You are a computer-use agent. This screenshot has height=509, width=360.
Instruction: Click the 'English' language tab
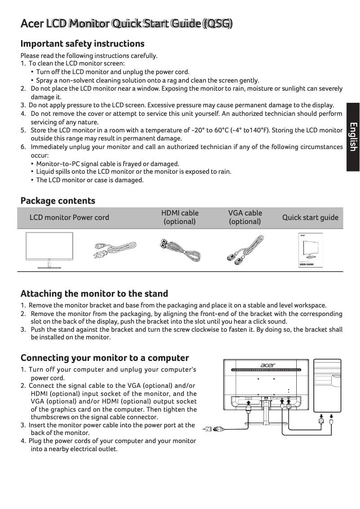coord(353,136)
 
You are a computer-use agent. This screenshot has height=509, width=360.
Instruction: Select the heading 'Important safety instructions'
coord(83,44)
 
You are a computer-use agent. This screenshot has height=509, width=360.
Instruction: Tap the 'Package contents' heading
coord(58,201)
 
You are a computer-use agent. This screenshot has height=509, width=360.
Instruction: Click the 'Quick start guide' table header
coord(310,217)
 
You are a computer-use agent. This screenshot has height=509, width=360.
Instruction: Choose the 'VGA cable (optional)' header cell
coord(245,217)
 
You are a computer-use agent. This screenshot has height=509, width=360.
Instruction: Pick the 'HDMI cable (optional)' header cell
coord(180,217)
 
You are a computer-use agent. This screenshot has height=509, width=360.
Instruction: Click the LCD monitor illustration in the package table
coord(50,250)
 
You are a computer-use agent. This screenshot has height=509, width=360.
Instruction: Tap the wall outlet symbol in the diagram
coord(208,429)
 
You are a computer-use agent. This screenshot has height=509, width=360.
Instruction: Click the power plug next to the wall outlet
coord(218,429)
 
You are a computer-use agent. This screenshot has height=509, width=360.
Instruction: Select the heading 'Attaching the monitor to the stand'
coord(94,294)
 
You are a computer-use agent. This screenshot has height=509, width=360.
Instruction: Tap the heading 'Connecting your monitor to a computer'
coord(105,358)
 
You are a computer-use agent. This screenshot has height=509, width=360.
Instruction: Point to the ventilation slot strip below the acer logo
coord(266,370)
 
